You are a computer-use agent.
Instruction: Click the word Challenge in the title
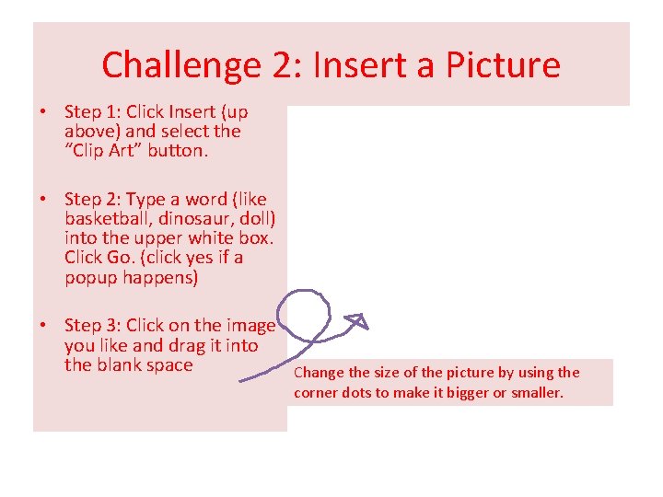(181, 65)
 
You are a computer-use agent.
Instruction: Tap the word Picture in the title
(503, 64)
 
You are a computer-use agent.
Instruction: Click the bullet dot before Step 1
(43, 111)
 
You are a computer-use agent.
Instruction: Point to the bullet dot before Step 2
(43, 199)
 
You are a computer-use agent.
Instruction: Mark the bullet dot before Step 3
(43, 325)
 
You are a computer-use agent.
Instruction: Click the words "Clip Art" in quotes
(103, 150)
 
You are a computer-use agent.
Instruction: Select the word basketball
(110, 218)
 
